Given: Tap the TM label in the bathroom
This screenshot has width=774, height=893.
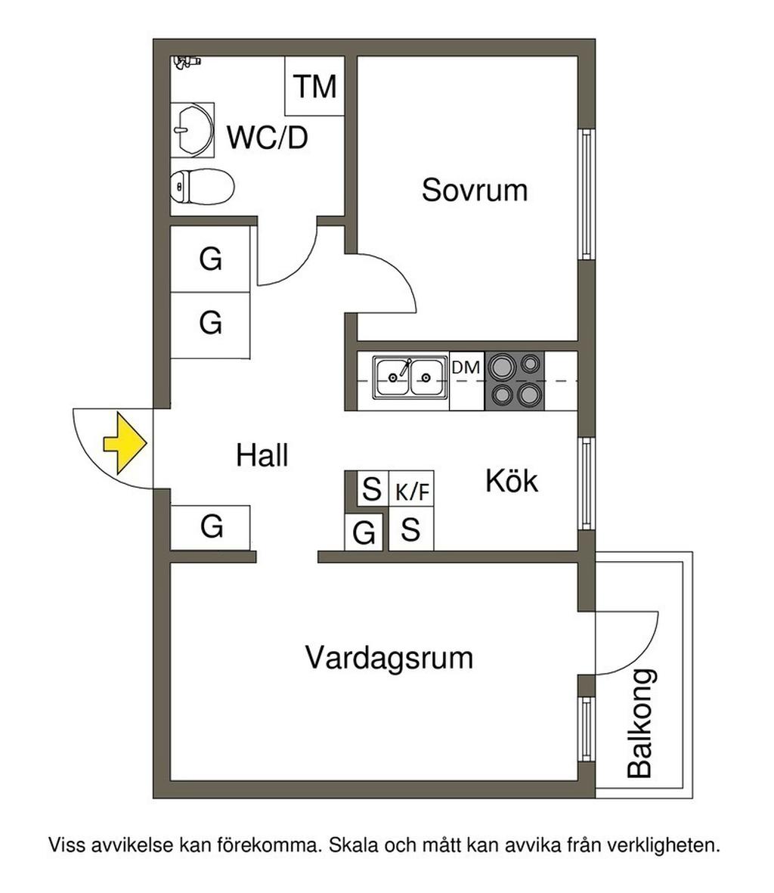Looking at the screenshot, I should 314,86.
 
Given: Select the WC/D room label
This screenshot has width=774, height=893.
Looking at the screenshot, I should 268,138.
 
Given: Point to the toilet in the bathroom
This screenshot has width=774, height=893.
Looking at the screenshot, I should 202,186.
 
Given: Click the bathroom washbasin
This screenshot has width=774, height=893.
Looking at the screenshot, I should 191,129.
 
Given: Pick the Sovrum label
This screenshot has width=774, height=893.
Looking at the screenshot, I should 474,189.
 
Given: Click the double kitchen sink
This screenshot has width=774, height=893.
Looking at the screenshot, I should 409,376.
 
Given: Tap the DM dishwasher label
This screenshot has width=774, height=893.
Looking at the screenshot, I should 466,368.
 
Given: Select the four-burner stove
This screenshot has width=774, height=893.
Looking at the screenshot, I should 514,380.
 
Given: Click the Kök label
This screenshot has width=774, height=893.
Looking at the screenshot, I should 512,481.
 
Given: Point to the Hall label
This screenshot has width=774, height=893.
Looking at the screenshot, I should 262,456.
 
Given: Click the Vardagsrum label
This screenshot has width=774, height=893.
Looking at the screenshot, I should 389,657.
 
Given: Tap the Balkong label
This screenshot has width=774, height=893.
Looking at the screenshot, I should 640,724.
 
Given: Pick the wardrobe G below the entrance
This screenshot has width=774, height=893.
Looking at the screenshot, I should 212,526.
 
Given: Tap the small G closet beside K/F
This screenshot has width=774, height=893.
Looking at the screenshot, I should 364,534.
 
